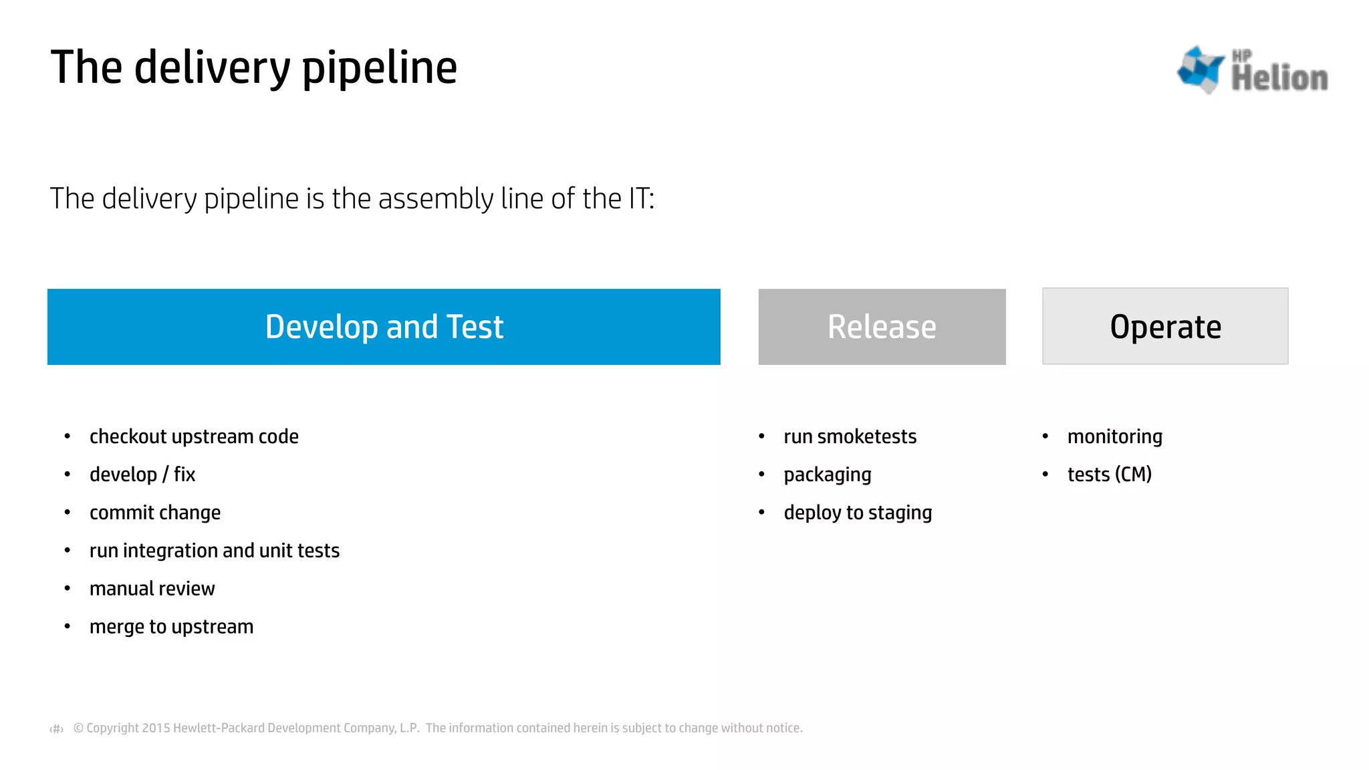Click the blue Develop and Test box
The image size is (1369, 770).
[384, 327]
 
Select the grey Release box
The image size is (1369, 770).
[882, 327]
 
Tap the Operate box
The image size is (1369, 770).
[1165, 327]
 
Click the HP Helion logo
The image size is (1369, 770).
[1252, 70]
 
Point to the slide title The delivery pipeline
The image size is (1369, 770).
[254, 68]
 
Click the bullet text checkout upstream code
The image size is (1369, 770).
[194, 436]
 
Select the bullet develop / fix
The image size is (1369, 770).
[142, 475]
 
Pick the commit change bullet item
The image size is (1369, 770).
[155, 513]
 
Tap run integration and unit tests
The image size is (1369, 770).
[215, 551]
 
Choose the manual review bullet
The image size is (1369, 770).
[152, 589]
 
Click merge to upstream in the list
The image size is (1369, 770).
[172, 627]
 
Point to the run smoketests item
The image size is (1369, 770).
[850, 436]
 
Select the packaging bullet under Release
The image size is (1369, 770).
[828, 475]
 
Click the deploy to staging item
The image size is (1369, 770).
[858, 513]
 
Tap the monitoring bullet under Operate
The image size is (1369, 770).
[1114, 436]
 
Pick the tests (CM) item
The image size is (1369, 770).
[1109, 475]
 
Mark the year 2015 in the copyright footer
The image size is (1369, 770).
[156, 728]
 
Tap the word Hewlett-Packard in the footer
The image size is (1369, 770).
[219, 728]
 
